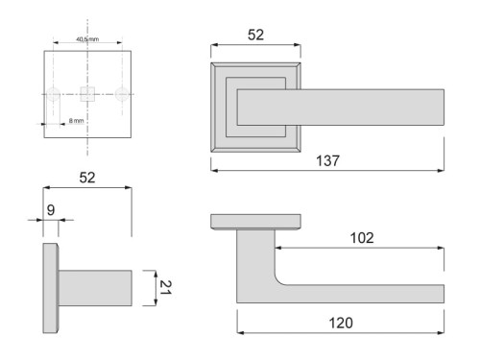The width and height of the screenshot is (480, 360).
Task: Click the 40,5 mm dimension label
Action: pos(87,40)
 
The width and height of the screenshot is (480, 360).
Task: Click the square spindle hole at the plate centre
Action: pos(87,94)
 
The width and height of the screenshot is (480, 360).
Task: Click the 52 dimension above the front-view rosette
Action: pos(254,35)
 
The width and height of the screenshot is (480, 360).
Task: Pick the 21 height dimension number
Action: pos(167,285)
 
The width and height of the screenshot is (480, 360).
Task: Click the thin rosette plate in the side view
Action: pos(50,287)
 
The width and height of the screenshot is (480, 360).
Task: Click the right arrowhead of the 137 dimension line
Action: pos(442,170)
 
